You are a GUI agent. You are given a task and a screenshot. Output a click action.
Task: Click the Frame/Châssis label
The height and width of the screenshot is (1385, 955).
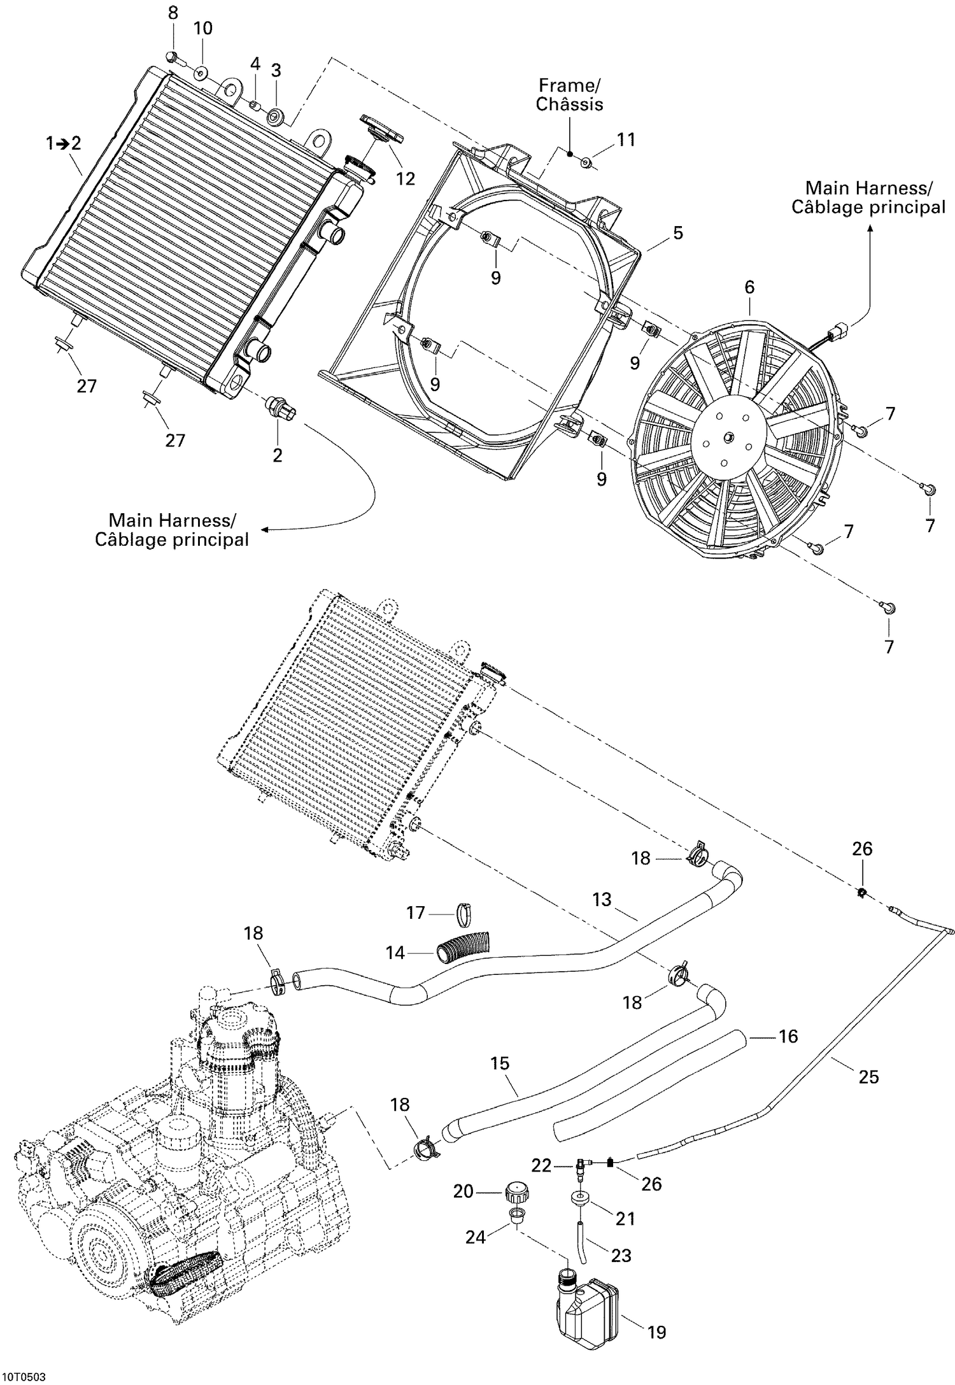569,95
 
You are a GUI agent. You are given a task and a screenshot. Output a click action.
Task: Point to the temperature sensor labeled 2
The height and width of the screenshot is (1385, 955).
278,407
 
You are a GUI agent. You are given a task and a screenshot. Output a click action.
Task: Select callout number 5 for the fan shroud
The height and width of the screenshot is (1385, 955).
678,233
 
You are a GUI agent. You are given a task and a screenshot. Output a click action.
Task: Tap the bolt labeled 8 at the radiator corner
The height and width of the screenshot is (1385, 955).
173,57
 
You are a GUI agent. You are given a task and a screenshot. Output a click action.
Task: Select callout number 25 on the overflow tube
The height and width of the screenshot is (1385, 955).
868,1077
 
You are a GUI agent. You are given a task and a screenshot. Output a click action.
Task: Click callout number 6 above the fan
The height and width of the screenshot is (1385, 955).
749,287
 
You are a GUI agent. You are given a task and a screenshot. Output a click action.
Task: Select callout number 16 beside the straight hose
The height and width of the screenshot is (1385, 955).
788,1037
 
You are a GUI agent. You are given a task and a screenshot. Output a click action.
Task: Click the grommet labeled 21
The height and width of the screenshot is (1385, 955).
580,1198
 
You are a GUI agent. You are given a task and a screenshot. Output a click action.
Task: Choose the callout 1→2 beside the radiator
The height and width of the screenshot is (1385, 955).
64,144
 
